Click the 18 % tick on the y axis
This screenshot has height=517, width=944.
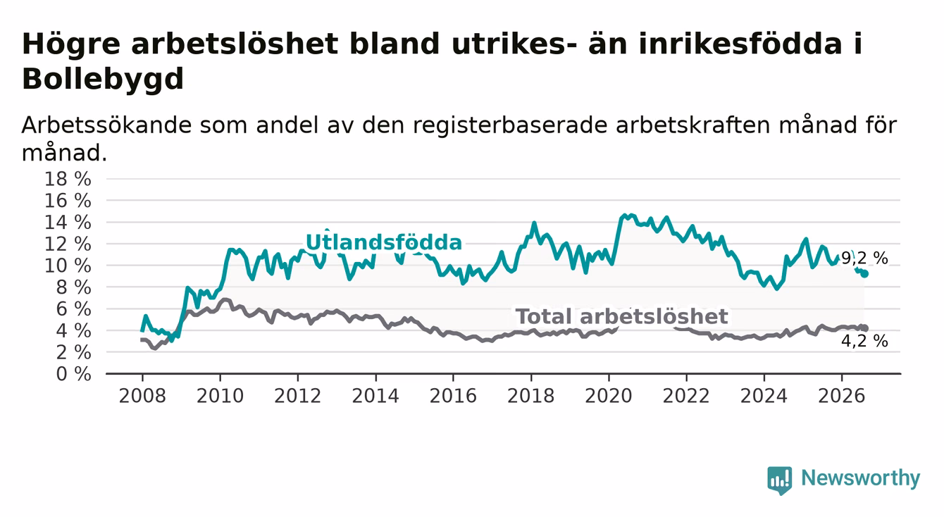68,179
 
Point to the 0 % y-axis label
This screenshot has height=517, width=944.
73,374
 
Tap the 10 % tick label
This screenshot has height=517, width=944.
68,266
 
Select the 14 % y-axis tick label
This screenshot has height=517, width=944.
68,223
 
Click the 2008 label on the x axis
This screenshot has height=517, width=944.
142,396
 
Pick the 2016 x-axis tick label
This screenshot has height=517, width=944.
453,396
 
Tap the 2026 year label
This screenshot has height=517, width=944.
842,396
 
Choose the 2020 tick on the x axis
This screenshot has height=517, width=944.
609,396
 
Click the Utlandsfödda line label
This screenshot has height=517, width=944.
383,243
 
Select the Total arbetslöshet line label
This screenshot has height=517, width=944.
622,316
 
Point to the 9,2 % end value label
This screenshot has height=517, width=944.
865,258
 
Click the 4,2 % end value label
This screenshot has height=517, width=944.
865,341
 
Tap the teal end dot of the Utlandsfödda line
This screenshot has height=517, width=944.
865,274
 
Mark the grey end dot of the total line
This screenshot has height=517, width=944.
865,328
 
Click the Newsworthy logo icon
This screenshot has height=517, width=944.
780,480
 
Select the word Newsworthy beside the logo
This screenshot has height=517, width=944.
861,478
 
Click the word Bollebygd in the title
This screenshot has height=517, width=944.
103,78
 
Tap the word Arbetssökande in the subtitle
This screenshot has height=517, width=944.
106,125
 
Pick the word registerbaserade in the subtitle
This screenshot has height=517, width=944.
510,125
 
